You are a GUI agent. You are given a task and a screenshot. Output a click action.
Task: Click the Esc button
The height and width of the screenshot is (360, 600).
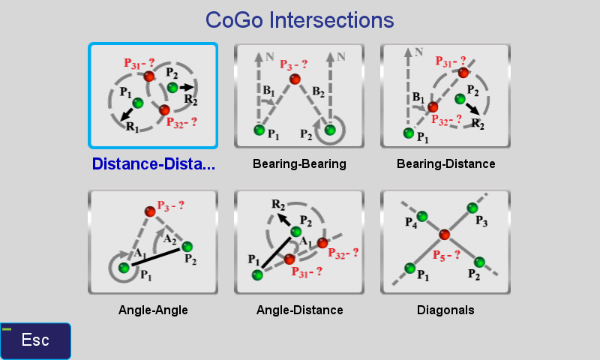tap(35, 340)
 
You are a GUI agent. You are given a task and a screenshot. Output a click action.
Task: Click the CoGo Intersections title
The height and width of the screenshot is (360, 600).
tap(299, 20)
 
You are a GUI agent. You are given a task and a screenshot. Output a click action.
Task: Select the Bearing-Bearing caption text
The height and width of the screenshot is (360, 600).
tap(299, 163)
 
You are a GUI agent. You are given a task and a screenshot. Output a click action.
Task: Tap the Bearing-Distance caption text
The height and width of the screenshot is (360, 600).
tap(445, 163)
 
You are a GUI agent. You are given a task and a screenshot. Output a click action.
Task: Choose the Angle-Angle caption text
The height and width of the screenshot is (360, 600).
tap(153, 310)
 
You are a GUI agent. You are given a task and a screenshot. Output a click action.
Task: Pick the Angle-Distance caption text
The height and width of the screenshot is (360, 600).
tap(299, 310)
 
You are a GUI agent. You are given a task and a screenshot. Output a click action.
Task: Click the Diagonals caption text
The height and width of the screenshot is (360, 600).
tap(445, 310)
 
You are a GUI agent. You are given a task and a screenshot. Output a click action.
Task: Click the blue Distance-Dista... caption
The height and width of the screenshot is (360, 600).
tap(154, 163)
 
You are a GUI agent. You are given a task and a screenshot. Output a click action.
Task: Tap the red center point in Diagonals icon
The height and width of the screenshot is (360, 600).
tap(444, 235)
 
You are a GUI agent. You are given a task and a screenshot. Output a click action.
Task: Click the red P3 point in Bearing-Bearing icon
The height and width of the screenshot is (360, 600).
tap(295, 79)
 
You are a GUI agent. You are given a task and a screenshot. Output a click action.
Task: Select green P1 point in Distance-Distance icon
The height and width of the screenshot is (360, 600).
tap(138, 103)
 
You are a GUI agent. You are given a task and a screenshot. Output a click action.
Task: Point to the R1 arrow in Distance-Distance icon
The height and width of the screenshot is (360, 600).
tap(127, 115)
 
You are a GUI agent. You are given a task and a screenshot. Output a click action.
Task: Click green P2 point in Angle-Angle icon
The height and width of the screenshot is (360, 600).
tap(187, 247)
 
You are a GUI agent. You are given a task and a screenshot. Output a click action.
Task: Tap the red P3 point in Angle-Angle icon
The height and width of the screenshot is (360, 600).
tap(150, 211)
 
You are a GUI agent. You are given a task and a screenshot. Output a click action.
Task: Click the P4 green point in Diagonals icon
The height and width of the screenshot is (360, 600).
tap(422, 217)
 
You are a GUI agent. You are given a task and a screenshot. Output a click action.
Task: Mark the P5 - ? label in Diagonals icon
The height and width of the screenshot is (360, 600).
tap(446, 256)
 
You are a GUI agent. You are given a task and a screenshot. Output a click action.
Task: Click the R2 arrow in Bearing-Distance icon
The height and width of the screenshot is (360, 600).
tap(473, 109)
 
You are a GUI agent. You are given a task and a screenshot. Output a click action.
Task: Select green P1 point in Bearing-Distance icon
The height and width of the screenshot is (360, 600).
tap(409, 133)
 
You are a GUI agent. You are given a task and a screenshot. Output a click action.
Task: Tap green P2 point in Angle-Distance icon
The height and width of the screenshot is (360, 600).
tap(295, 232)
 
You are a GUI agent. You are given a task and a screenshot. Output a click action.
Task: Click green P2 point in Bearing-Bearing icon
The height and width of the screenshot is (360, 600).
tap(330, 130)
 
